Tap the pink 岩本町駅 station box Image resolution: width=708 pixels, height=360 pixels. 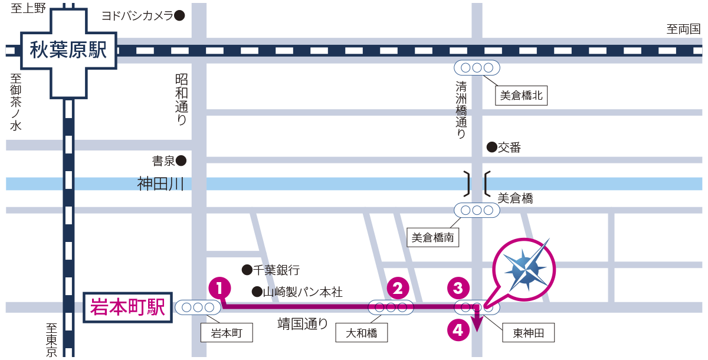[x=127, y=307]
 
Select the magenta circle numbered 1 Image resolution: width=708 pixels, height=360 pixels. [x=219, y=288]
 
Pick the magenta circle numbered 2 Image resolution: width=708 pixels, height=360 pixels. [x=398, y=288]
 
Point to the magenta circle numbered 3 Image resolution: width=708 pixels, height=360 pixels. [x=458, y=288]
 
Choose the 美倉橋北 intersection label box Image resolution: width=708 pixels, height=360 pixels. [x=520, y=96]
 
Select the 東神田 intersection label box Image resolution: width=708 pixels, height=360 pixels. [x=529, y=333]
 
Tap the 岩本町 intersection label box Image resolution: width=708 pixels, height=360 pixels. [x=227, y=333]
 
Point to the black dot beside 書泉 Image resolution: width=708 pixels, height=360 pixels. [x=181, y=160]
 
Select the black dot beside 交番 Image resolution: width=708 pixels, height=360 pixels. [x=491, y=147]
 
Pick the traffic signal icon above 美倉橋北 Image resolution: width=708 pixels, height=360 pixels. [x=476, y=67]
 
